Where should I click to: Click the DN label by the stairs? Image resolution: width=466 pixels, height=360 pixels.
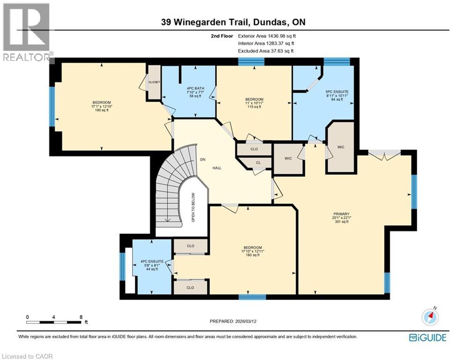point(203,159)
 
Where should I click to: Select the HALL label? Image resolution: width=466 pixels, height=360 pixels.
point(217,167)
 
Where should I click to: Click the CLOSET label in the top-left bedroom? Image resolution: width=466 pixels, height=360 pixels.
point(154,82)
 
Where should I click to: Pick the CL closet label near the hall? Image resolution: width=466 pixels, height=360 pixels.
point(258,163)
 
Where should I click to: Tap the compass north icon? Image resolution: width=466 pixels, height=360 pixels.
point(429,317)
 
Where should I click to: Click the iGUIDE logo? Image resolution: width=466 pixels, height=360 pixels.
point(427,337)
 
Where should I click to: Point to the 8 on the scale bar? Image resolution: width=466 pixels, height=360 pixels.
point(81,317)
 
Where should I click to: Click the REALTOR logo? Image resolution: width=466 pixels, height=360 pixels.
point(26,33)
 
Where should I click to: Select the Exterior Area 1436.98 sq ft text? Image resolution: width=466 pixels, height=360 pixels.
point(267,36)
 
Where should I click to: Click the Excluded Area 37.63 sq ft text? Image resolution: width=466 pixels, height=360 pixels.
point(266,51)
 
